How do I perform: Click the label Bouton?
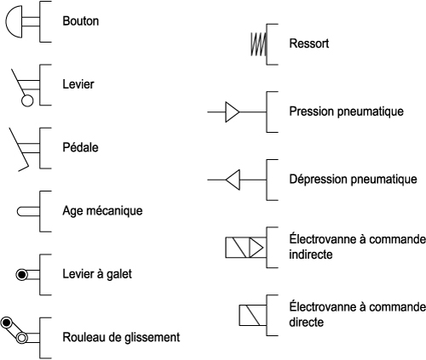(81, 21)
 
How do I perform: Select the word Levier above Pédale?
(78, 84)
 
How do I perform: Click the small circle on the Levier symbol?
(27, 100)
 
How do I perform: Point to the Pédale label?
(80, 147)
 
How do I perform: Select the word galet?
(119, 274)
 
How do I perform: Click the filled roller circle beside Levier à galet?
(21, 275)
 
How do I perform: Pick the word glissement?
(153, 337)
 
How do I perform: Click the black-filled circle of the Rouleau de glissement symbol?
(6, 323)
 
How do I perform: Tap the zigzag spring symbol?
(258, 44)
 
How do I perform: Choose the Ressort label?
(309, 43)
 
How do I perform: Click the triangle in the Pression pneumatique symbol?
(232, 112)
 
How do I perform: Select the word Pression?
(311, 111)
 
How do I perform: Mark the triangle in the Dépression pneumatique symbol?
(233, 180)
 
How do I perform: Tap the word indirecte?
(311, 254)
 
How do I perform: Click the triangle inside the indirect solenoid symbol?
(256, 248)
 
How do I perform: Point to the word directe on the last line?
(306, 322)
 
